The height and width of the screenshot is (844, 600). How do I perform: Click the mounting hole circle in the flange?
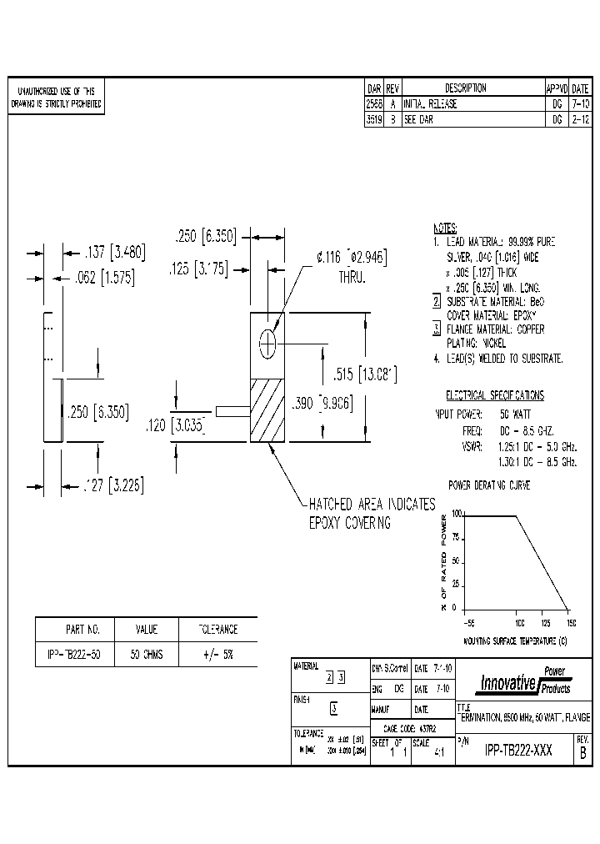[267, 343]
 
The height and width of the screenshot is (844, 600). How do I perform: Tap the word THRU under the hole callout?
[352, 275]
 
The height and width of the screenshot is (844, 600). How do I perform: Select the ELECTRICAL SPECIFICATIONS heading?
[494, 395]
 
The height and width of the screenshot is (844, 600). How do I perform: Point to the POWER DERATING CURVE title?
[489, 484]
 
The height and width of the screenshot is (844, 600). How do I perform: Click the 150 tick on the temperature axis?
[571, 623]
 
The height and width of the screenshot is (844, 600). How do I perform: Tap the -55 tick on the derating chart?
[468, 623]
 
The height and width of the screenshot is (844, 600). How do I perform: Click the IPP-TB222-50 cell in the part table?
[70, 656]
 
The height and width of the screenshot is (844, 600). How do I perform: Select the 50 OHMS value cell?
[147, 656]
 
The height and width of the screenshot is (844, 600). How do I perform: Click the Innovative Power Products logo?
[523, 681]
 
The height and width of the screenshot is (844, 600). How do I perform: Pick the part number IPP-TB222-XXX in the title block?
[517, 749]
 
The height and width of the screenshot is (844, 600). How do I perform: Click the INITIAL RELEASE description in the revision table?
[431, 105]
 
